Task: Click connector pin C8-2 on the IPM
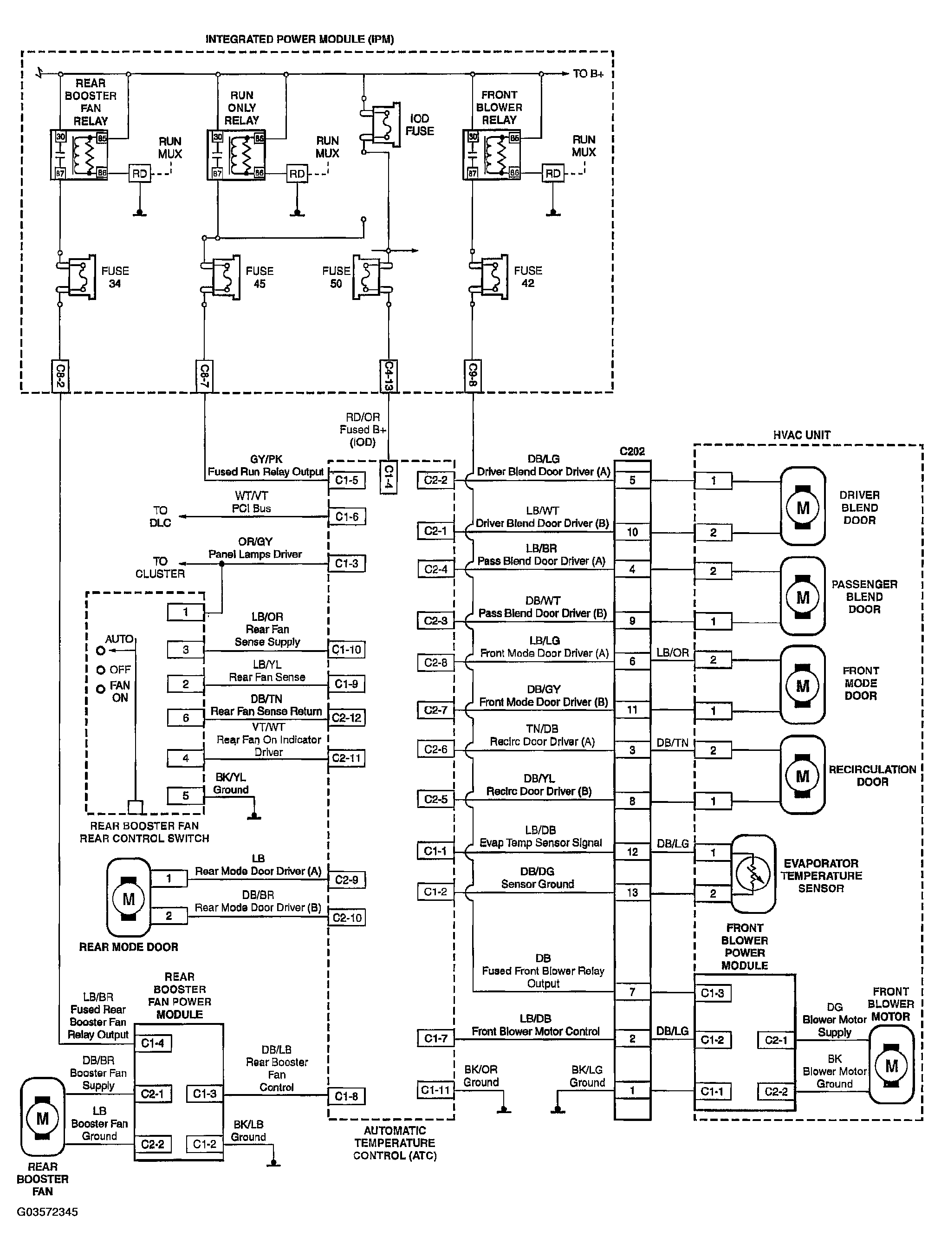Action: (x=59, y=375)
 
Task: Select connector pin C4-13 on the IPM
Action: (x=388, y=375)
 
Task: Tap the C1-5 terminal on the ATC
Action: (x=347, y=480)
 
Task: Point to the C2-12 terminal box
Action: (x=347, y=718)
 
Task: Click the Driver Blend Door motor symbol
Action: (x=803, y=506)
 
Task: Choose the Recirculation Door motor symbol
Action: (x=803, y=775)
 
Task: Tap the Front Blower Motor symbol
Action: (x=891, y=1066)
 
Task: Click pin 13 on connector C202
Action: (x=632, y=893)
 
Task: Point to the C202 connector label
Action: (x=632, y=451)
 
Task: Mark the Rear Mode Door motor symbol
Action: (x=129, y=898)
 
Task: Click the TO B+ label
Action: (x=588, y=73)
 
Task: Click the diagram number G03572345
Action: (x=47, y=1212)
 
